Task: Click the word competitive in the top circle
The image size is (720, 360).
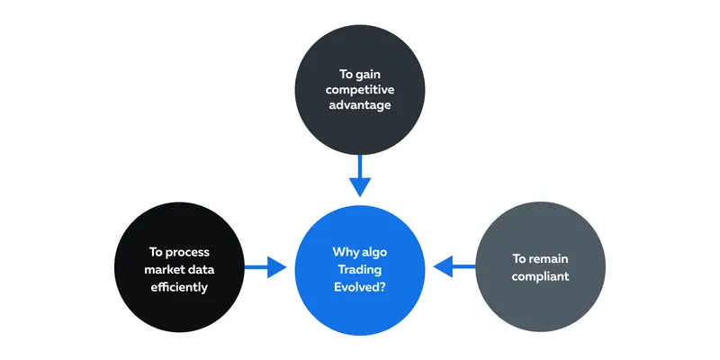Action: tap(360, 89)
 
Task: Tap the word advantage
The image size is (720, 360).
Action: tap(360, 105)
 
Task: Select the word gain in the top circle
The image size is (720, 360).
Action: tap(368, 75)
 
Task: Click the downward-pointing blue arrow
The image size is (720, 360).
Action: tap(360, 175)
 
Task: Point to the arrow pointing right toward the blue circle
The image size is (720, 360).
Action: tap(265, 267)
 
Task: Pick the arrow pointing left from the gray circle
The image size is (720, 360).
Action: tap(454, 266)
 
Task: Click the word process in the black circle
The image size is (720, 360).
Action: tap(188, 253)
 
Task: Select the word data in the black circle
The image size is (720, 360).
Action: tap(202, 269)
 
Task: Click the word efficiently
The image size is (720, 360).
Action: tap(179, 287)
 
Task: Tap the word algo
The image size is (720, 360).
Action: tap(373, 253)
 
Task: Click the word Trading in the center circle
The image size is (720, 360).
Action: tap(360, 269)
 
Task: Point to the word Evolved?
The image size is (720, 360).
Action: tap(360, 287)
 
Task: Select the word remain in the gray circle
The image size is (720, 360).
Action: tap(549, 259)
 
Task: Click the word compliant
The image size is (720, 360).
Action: tap(541, 276)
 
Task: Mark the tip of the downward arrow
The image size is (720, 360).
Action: tap(360, 197)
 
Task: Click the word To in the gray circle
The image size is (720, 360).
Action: tap(519, 259)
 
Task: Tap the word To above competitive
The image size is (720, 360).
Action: tap(346, 75)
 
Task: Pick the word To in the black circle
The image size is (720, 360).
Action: tap(156, 252)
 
